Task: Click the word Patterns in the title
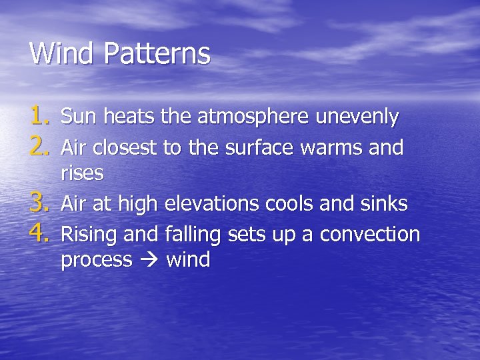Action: click(157, 53)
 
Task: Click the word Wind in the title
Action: click(63, 53)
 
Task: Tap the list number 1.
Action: click(40, 117)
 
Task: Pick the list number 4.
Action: click(40, 234)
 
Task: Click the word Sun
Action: click(76, 117)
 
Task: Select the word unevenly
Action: click(357, 118)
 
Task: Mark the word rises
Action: click(82, 173)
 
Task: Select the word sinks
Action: click(383, 204)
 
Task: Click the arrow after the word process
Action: click(149, 260)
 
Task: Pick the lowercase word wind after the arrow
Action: click(188, 260)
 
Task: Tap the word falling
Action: click(192, 235)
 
